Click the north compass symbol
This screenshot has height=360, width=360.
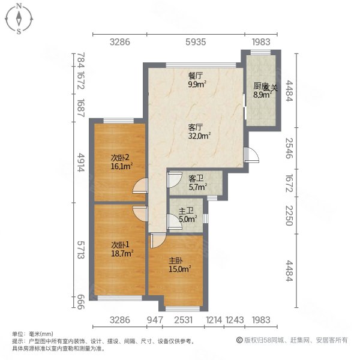[19, 18]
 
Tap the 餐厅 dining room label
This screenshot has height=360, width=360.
[194, 76]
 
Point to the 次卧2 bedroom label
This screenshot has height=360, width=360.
[119, 158]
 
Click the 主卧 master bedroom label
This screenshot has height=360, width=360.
[176, 261]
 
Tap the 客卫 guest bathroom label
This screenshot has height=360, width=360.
[194, 178]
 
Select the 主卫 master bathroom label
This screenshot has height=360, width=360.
[187, 211]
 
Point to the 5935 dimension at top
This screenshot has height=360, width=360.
[195, 42]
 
